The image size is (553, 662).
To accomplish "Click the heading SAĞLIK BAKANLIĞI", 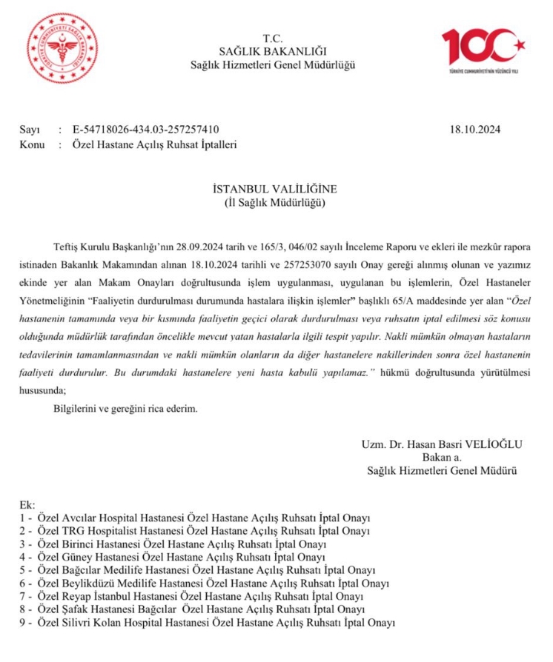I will coord(273,51).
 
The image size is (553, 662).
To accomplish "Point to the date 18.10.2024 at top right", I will coord(475,129).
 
